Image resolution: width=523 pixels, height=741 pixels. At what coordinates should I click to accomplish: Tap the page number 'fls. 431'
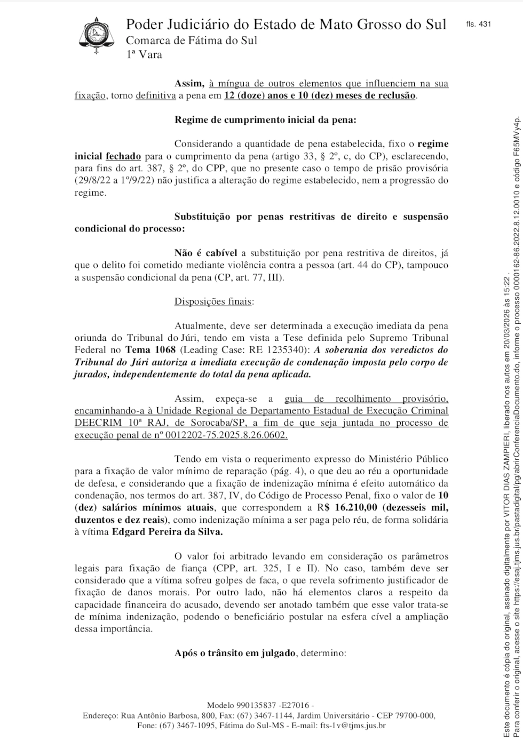478,24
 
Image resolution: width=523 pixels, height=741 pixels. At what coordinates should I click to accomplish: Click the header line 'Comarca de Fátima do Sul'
191,41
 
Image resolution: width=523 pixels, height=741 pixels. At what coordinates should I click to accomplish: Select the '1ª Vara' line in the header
144,54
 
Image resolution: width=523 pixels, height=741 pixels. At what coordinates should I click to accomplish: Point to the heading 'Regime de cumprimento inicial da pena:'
265,119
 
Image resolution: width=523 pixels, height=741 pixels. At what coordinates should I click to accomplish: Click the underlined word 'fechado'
123,156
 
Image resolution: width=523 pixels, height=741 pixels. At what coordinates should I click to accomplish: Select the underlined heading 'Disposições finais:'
214,301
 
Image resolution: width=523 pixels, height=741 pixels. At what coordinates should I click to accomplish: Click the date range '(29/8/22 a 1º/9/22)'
110,181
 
